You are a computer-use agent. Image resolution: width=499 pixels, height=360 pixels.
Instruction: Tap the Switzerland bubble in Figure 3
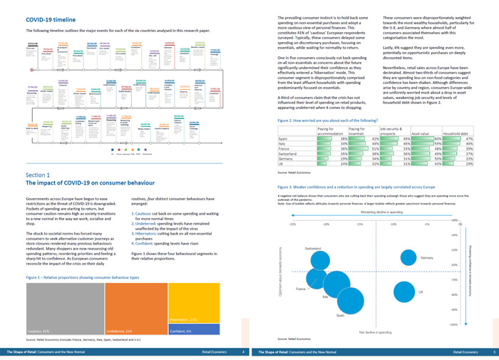(x=321, y=260)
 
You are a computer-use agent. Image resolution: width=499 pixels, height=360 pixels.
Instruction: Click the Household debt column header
(x=457, y=133)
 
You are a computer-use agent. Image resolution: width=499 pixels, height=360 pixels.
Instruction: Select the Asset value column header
(x=420, y=133)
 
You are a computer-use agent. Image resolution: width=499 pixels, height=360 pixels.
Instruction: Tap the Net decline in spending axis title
(x=374, y=332)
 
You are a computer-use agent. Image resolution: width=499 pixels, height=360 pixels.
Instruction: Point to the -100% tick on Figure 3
(x=453, y=324)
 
